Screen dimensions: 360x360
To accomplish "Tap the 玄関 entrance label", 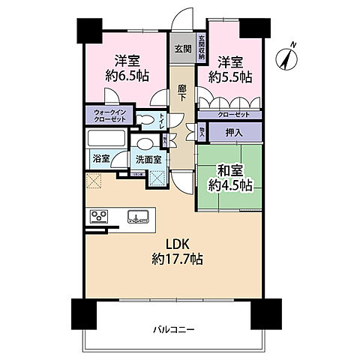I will (182, 49).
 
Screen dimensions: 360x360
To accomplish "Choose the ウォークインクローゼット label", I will (110, 118).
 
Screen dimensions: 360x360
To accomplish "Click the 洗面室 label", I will (147, 160).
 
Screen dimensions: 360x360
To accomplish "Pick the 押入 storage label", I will (233, 132).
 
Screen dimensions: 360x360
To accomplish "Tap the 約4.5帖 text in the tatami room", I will (230, 184).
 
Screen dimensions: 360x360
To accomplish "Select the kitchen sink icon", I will (136, 217).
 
